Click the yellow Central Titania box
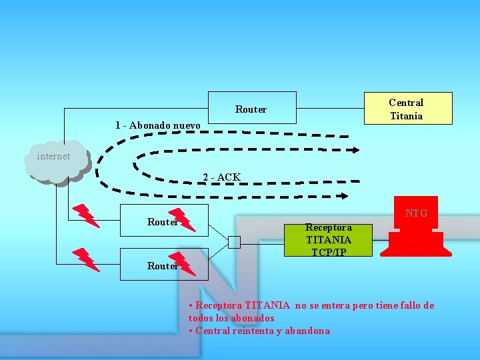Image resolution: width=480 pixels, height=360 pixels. [406, 109]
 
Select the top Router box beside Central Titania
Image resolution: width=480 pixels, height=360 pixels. [251, 108]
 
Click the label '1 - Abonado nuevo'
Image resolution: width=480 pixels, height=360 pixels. [157, 125]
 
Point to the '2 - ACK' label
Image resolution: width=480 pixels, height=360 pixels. [221, 177]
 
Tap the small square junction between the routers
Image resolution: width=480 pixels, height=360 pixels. [233, 242]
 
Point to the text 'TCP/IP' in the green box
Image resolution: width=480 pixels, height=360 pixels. [328, 252]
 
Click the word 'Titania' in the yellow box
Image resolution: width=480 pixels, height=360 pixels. [406, 115]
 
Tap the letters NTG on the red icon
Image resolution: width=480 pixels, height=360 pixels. [416, 213]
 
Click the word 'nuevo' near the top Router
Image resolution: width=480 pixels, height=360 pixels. [186, 125]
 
